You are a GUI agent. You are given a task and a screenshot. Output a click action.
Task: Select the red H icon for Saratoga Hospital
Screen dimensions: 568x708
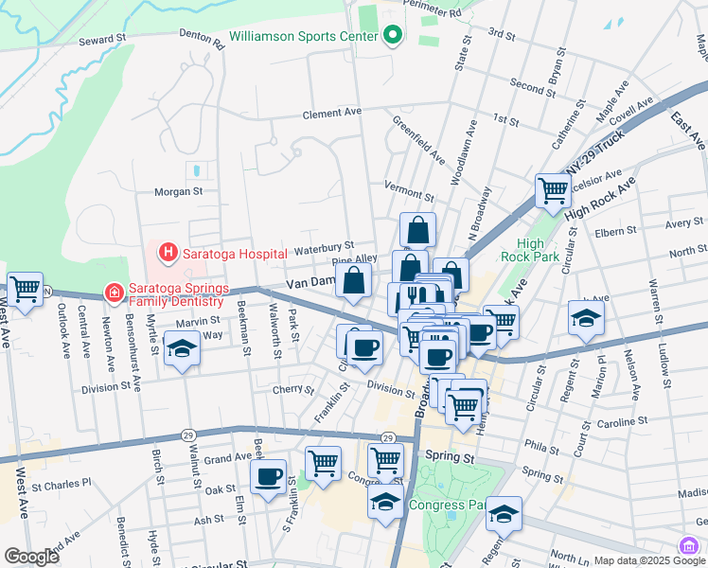(x=168, y=253)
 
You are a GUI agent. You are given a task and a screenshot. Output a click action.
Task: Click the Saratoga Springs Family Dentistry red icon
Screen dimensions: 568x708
(x=114, y=293)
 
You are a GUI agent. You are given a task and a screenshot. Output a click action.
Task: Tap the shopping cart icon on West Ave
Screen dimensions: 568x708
(x=25, y=288)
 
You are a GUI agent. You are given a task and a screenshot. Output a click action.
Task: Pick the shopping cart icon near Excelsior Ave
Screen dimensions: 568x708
(x=553, y=189)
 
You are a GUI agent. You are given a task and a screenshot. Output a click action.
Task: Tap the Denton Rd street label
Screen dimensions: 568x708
(x=201, y=42)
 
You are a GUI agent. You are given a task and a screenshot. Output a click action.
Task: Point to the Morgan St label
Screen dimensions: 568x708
(x=179, y=190)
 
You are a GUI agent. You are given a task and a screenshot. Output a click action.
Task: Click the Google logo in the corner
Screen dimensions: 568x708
(x=32, y=557)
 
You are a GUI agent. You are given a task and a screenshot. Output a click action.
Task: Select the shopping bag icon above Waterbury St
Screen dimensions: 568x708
(x=417, y=230)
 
